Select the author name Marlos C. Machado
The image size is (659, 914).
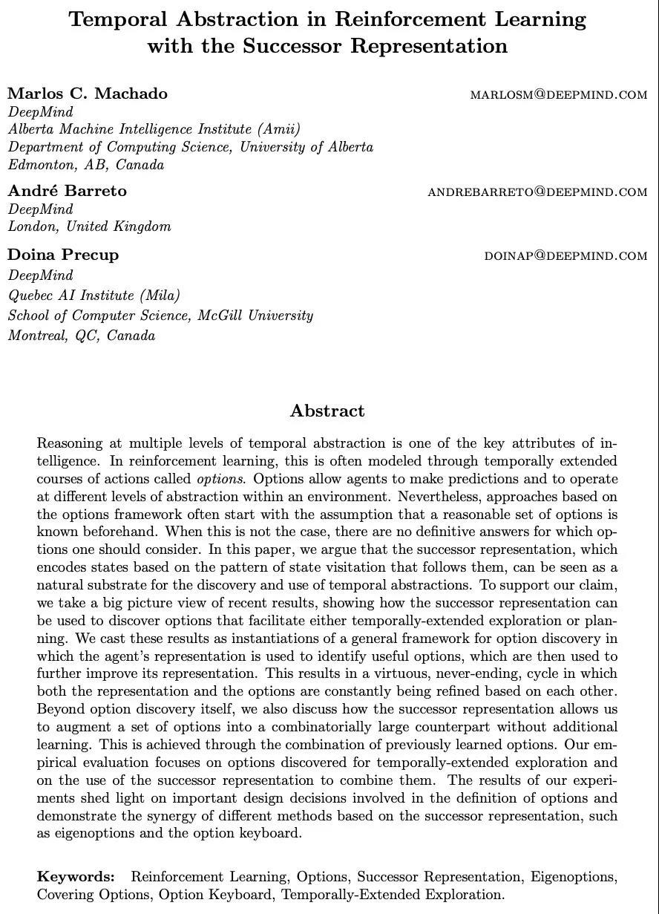coord(88,94)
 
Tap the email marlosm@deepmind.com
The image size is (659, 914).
coord(558,94)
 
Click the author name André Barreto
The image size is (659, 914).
coord(68,191)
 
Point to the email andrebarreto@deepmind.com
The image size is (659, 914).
coord(537,192)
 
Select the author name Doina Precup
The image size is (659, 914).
coord(63,255)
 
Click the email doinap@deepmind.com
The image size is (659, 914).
coord(565,255)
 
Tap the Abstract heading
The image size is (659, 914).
coord(327,411)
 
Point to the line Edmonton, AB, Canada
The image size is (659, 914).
coord(86,165)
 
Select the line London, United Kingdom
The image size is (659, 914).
coord(89,226)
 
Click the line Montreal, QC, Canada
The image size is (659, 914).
coord(82,336)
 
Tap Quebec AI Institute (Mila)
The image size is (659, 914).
coord(94,296)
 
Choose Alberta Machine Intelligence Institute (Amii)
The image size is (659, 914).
coord(154,129)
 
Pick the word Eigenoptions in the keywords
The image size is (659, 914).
coord(572,877)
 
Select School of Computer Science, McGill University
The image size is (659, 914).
coord(160,316)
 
